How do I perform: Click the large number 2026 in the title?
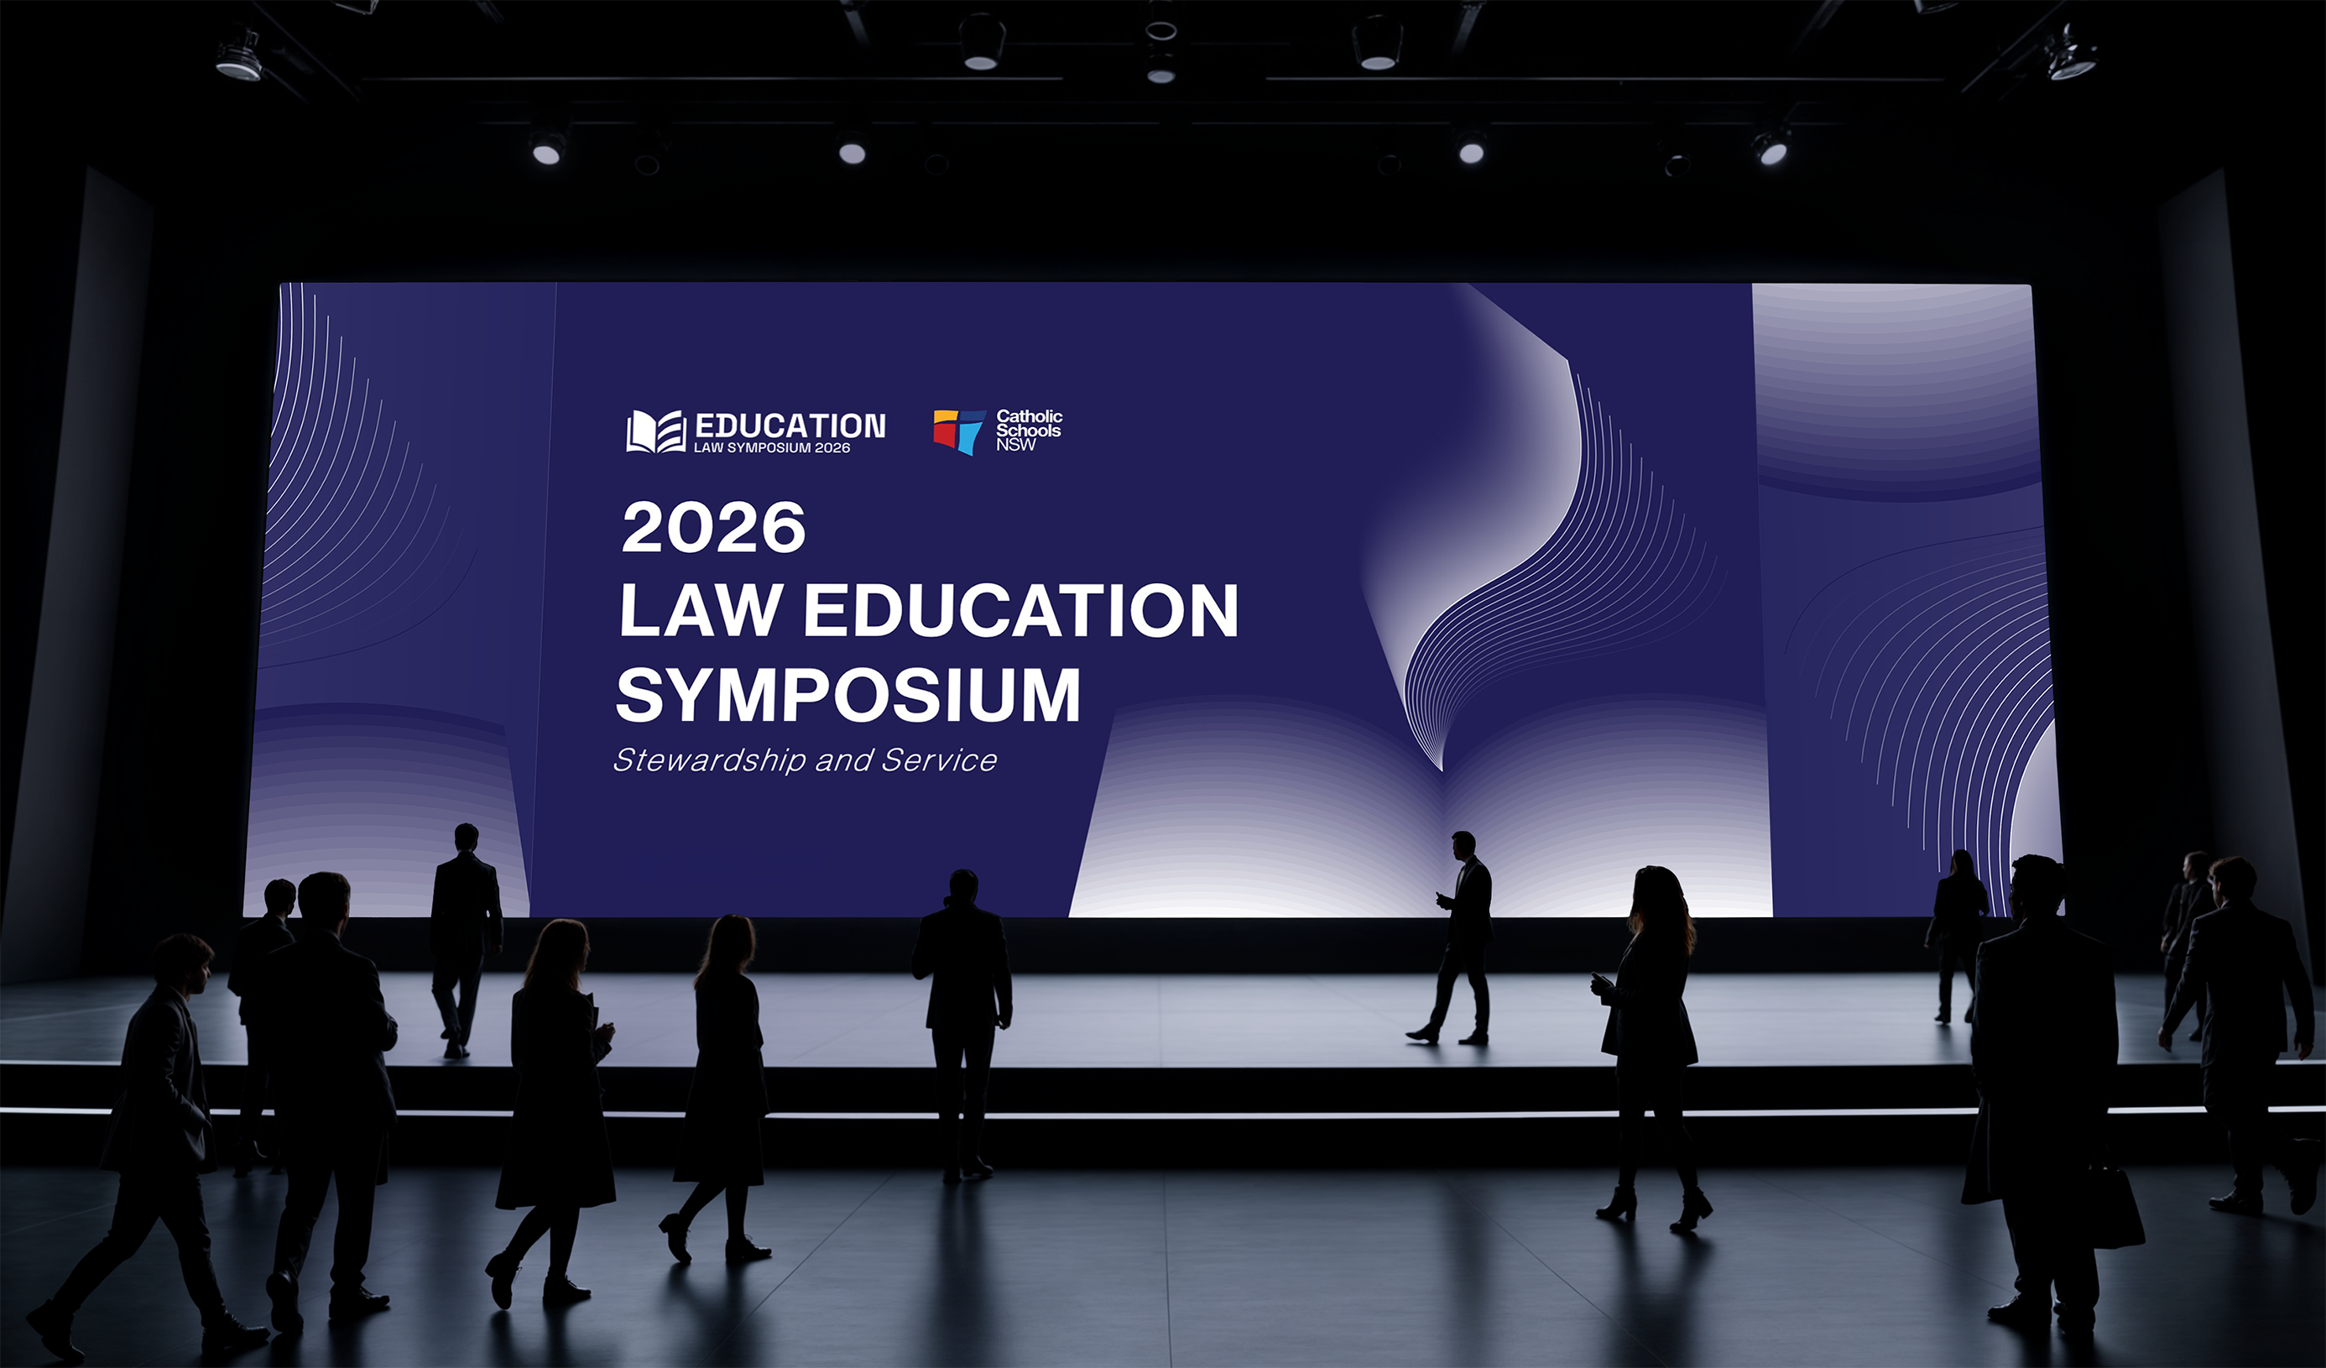tap(713, 527)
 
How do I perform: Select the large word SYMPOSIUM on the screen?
tap(848, 694)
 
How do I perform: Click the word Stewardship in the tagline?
tap(709, 760)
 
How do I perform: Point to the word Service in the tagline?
tap(939, 760)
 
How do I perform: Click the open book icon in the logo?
tap(656, 431)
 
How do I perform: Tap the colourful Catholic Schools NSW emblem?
tap(959, 432)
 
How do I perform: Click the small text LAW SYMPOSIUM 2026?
tap(772, 447)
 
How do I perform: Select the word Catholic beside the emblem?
tap(1029, 416)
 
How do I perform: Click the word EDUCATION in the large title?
tap(1021, 610)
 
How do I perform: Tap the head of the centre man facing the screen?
tap(962, 887)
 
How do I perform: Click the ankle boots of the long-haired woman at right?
tap(1655, 1209)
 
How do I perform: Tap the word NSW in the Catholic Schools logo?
tap(1015, 445)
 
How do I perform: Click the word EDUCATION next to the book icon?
tap(790, 426)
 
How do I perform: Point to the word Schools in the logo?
tap(1028, 431)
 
